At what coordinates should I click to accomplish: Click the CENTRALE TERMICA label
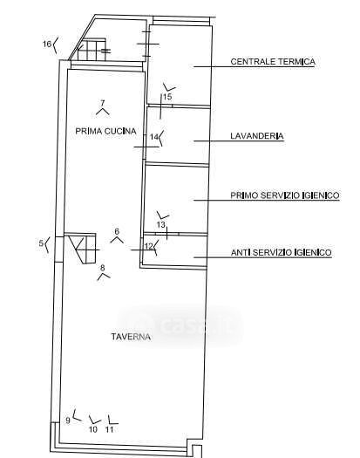pyautogui.click(x=273, y=62)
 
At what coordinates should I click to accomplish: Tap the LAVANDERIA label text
pyautogui.click(x=257, y=136)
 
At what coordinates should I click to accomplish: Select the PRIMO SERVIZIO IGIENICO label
pyautogui.click(x=285, y=195)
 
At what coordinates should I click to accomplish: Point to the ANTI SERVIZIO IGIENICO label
pyautogui.click(x=282, y=252)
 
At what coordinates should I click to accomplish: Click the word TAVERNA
pyautogui.click(x=131, y=337)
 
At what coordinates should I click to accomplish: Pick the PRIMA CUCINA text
pyautogui.click(x=105, y=131)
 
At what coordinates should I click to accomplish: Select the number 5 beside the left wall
pyautogui.click(x=41, y=243)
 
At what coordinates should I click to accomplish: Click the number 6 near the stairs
pyautogui.click(x=117, y=231)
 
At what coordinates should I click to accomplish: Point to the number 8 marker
pyautogui.click(x=102, y=268)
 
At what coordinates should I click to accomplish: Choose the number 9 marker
pyautogui.click(x=68, y=420)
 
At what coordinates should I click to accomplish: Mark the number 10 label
pyautogui.click(x=93, y=429)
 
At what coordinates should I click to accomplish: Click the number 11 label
pyautogui.click(x=109, y=429)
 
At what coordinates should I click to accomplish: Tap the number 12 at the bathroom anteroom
pyautogui.click(x=149, y=246)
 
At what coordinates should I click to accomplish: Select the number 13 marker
pyautogui.click(x=161, y=224)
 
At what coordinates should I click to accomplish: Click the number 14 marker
pyautogui.click(x=154, y=137)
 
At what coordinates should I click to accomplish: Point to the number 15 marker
pyautogui.click(x=167, y=97)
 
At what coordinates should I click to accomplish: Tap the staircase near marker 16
pyautogui.click(x=92, y=50)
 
